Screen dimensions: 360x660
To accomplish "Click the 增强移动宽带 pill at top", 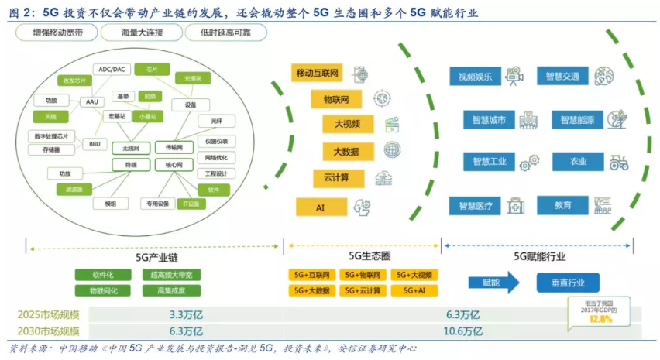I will point(60,33).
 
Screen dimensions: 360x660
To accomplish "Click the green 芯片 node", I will point(152,69).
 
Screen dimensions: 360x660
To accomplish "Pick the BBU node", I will point(95,144).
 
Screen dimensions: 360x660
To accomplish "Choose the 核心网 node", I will point(169,165).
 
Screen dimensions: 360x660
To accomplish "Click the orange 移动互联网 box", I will point(318,74).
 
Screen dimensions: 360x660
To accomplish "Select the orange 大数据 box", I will point(341,150).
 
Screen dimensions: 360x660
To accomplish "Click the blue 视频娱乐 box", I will point(475,77).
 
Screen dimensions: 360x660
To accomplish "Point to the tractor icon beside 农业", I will point(618,163).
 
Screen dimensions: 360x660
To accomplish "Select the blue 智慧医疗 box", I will point(475,206).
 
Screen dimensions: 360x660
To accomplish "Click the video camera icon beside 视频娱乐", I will point(513,77).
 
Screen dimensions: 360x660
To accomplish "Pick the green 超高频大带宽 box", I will point(171,274).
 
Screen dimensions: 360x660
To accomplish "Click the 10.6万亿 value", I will point(464,331).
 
